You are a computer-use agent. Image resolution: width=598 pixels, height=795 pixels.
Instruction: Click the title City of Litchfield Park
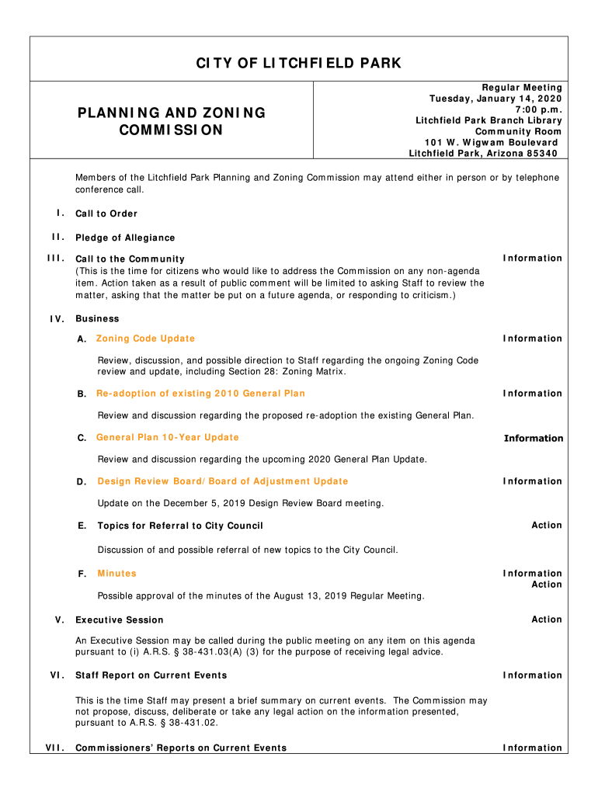click(x=299, y=63)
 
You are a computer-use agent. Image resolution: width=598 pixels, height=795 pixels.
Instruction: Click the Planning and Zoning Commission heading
click(x=171, y=121)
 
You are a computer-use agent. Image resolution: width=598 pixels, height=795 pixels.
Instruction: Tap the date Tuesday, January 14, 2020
click(x=495, y=99)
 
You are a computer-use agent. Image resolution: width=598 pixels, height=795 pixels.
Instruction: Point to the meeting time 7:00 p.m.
click(x=536, y=109)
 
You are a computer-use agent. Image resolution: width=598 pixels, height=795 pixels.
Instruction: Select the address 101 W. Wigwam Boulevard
click(x=491, y=142)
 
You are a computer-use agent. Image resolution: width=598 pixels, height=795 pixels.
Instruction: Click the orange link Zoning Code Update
click(x=145, y=338)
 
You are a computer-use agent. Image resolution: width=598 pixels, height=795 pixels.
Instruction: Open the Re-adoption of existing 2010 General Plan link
click(x=200, y=394)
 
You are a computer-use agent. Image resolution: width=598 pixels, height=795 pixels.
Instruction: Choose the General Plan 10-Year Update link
click(x=167, y=438)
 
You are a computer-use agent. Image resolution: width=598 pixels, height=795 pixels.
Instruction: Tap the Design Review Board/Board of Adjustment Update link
click(x=222, y=481)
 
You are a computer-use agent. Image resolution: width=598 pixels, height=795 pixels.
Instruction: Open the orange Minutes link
click(x=116, y=574)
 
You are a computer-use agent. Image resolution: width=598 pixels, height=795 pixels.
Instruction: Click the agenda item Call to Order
click(x=106, y=214)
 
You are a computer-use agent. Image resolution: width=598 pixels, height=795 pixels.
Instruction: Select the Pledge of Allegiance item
click(x=125, y=238)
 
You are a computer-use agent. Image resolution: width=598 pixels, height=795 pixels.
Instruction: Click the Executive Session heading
click(x=120, y=620)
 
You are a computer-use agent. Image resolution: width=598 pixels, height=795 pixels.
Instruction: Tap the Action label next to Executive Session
click(x=546, y=619)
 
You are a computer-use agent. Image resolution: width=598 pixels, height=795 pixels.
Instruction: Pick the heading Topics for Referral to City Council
click(x=180, y=526)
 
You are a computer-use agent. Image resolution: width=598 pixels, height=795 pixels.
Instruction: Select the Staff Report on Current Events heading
click(x=151, y=675)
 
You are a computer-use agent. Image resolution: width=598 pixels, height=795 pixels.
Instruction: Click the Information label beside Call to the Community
click(x=532, y=258)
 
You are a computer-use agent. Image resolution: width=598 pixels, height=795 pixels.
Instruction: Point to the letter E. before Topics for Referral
click(x=82, y=526)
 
